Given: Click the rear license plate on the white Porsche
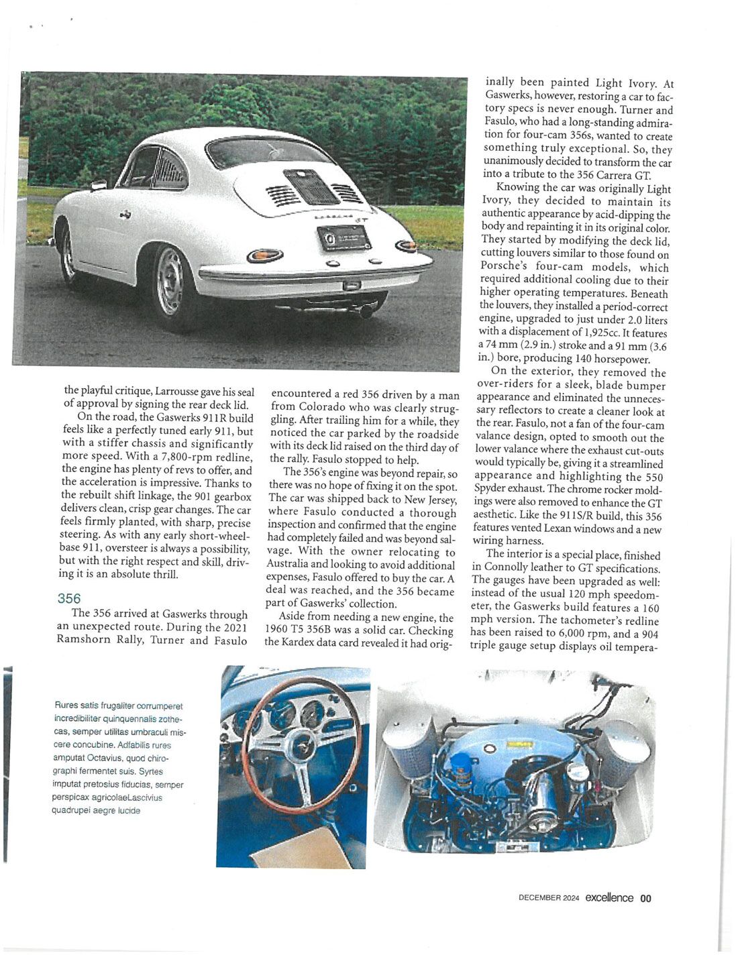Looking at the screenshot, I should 344,238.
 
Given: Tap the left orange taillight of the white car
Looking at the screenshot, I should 264,256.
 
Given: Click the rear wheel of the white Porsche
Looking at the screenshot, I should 172,282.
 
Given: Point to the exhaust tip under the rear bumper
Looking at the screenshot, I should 366,311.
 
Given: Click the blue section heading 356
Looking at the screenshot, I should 68,598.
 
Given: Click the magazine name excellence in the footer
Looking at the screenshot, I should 608,898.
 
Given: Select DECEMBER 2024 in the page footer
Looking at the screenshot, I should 548,899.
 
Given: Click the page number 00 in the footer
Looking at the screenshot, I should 645,899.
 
